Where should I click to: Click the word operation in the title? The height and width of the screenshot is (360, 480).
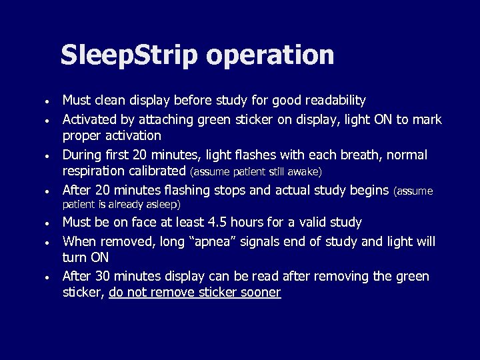point(270,55)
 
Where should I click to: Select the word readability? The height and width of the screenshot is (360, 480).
point(335,101)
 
